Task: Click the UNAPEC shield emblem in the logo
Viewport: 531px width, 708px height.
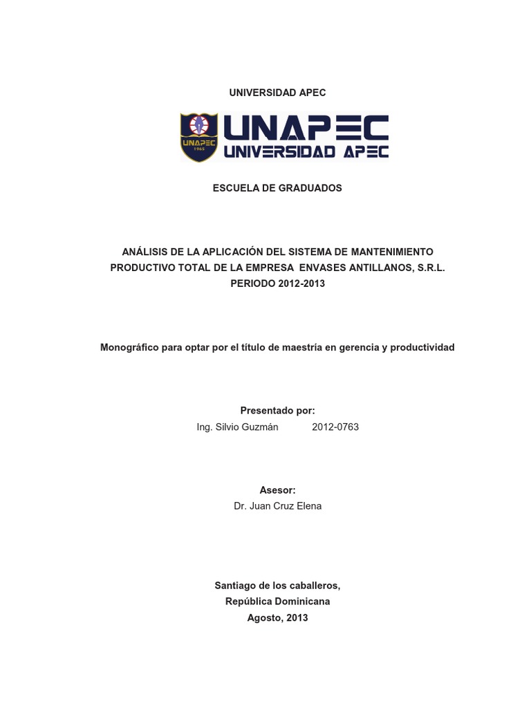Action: point(199,137)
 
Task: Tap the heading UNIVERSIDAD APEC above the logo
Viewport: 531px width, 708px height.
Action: point(277,93)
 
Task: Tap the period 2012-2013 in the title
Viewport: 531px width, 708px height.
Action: point(301,283)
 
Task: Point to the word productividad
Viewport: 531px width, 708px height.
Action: point(422,347)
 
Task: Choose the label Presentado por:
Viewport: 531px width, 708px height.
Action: point(277,411)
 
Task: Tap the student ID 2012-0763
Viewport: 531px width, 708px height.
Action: point(335,427)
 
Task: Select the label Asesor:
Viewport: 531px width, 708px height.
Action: point(277,490)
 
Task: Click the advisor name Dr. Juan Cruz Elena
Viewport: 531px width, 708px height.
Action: point(277,506)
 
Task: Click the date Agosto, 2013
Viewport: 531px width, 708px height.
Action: point(277,617)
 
